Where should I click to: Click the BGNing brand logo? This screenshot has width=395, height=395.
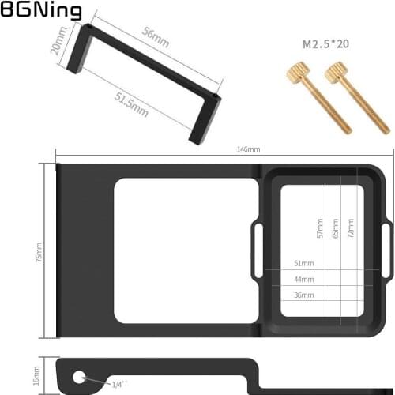point(40,11)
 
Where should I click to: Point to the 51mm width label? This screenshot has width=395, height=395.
point(303,263)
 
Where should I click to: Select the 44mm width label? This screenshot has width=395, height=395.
point(303,279)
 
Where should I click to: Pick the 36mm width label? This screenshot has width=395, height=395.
point(303,295)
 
